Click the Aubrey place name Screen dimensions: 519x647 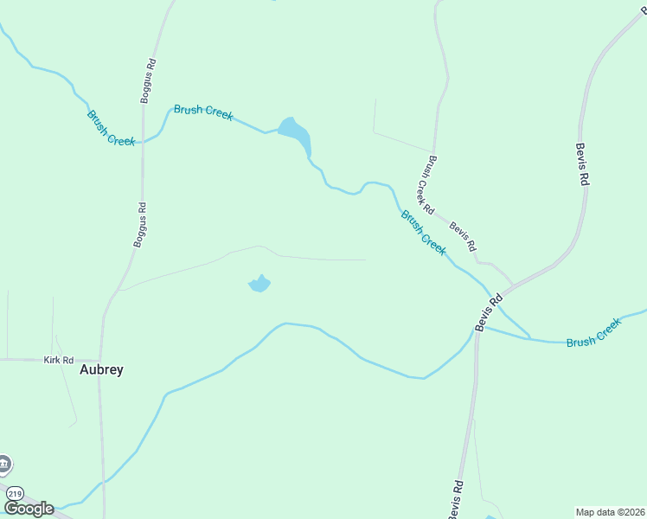pos(101,369)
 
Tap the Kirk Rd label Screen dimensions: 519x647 pos(59,358)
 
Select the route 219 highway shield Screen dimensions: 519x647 pos(14,493)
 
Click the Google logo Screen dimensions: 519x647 pos(29,509)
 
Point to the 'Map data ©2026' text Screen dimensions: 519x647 pos(610,511)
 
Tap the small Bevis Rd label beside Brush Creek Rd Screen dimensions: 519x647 pos(462,236)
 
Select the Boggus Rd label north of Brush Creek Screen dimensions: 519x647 pos(150,80)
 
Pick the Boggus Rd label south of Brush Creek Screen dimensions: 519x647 pos(140,225)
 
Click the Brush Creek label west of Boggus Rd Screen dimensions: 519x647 pos(111,127)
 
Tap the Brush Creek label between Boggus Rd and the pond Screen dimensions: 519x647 pos(203,112)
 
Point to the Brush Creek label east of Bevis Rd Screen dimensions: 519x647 pos(593,333)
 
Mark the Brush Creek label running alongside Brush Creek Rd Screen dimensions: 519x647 pos(423,232)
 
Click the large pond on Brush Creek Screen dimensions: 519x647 pos(294,133)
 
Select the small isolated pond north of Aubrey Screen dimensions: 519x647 pos(259,283)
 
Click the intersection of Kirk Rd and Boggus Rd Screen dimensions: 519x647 pos(100,359)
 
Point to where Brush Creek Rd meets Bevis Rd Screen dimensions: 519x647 pos(513,283)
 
